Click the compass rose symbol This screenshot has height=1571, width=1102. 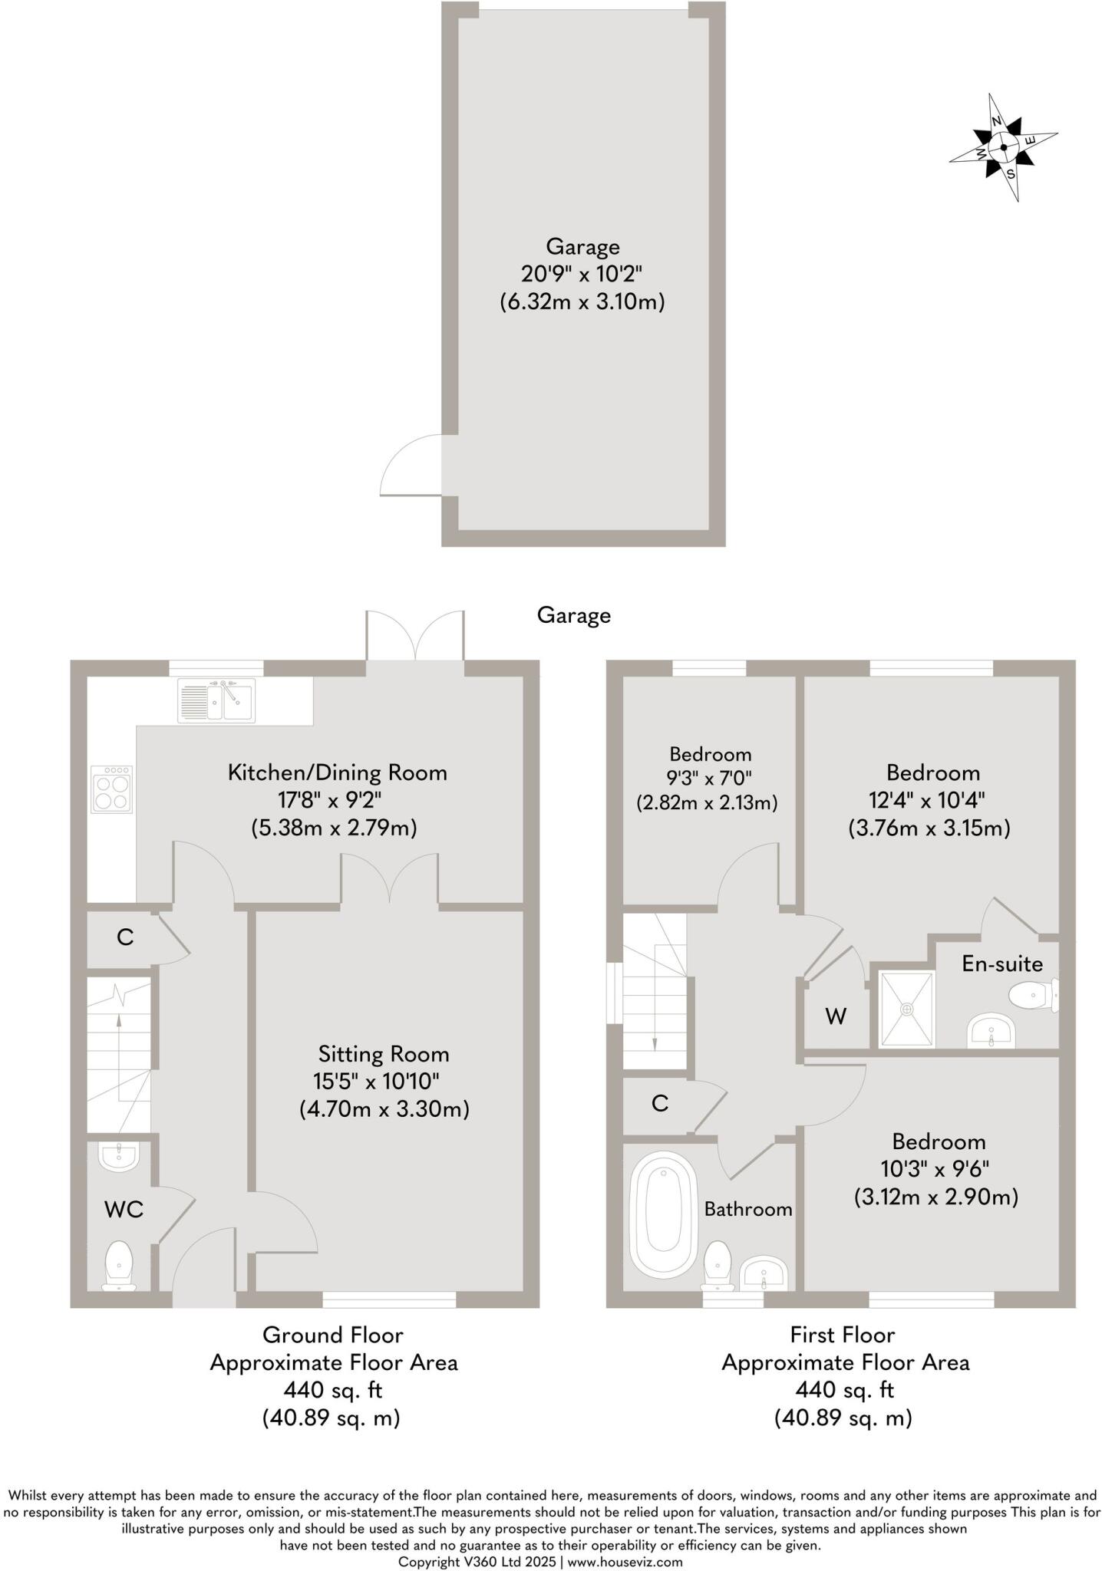point(1004,148)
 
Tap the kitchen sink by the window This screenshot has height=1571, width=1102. point(216,700)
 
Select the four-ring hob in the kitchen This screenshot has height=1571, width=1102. point(111,789)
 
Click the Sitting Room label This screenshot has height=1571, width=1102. point(384,1053)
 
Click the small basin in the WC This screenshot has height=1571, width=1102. point(119,1156)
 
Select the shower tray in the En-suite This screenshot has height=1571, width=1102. point(907,1009)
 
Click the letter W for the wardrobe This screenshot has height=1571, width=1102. point(836,1017)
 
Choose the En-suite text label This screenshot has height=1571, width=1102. point(1002,964)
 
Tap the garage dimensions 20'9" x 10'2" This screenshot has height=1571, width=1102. point(581,274)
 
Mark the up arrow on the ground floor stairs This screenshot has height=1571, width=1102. point(118,1020)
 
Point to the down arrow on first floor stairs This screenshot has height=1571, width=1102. point(655,1043)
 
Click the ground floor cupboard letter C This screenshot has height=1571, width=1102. point(124,937)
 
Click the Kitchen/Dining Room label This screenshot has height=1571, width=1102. point(337,772)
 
